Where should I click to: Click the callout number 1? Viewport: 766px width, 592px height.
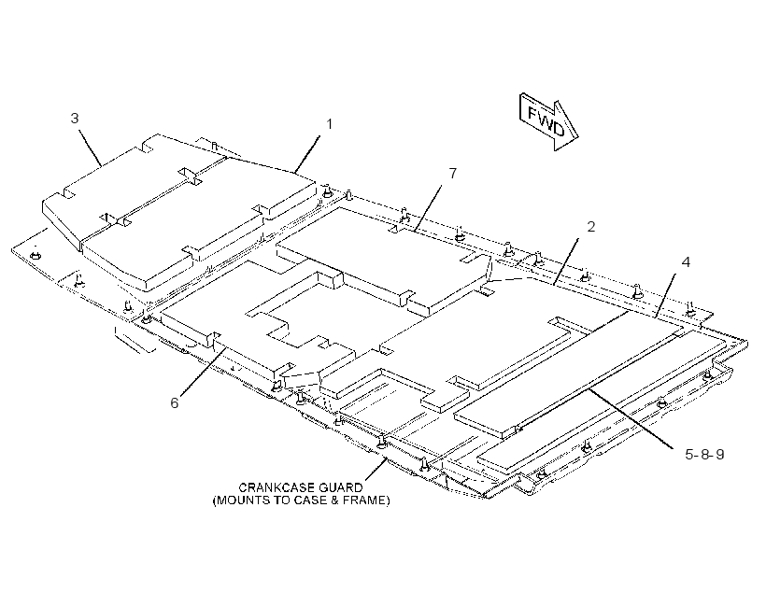coord(329,124)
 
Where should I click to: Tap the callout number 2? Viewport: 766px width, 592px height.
coord(591,227)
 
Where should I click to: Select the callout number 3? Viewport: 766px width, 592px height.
coord(75,119)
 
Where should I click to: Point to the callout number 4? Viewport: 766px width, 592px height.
coord(686,262)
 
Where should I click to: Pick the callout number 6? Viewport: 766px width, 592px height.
coord(175,403)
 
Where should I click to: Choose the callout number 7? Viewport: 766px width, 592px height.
coord(453,174)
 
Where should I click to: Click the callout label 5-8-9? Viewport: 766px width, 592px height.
coord(704,455)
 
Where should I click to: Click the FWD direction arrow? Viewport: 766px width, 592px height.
coord(548,122)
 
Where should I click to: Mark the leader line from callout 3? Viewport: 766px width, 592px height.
coord(91,148)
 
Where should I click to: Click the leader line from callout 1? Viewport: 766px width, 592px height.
coord(307,154)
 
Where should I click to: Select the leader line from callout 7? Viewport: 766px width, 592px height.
coord(428,208)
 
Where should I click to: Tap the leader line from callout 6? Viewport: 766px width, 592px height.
coord(204,372)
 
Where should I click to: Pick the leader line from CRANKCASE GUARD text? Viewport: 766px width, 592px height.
coord(376,469)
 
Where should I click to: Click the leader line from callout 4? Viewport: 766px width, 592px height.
coord(665,295)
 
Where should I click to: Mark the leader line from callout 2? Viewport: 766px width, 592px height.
coord(566,261)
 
